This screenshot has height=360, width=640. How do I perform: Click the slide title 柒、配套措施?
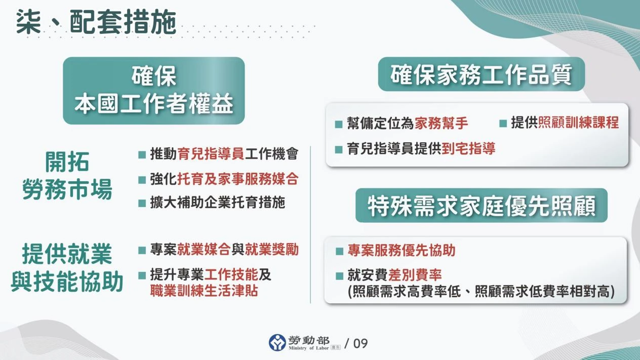coord(96,23)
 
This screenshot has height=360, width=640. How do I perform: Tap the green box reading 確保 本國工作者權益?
coord(154,91)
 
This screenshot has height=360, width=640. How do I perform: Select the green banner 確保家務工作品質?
coord(481,74)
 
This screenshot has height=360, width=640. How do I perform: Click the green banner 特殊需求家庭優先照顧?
coord(481,206)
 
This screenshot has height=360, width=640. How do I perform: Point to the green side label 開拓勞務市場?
coord(67,177)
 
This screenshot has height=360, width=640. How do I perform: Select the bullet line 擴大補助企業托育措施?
coord(218,203)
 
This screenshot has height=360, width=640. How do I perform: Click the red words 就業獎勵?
coord(272,249)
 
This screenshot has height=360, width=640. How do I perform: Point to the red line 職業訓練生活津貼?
coord(204,291)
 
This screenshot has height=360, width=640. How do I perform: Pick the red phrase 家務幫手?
coord(441,123)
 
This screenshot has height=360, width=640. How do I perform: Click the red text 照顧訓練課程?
coord(578,123)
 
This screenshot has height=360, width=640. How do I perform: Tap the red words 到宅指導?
coord(468,148)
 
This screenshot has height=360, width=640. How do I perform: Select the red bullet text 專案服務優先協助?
coord(401,250)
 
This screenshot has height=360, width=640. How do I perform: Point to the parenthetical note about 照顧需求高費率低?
coord(481,292)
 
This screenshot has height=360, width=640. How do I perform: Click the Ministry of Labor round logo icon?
coord(277,343)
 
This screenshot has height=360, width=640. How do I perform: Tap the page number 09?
coord(360,343)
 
